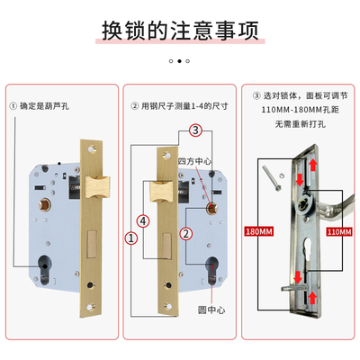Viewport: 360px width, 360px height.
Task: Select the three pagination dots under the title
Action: click(x=178, y=61)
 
